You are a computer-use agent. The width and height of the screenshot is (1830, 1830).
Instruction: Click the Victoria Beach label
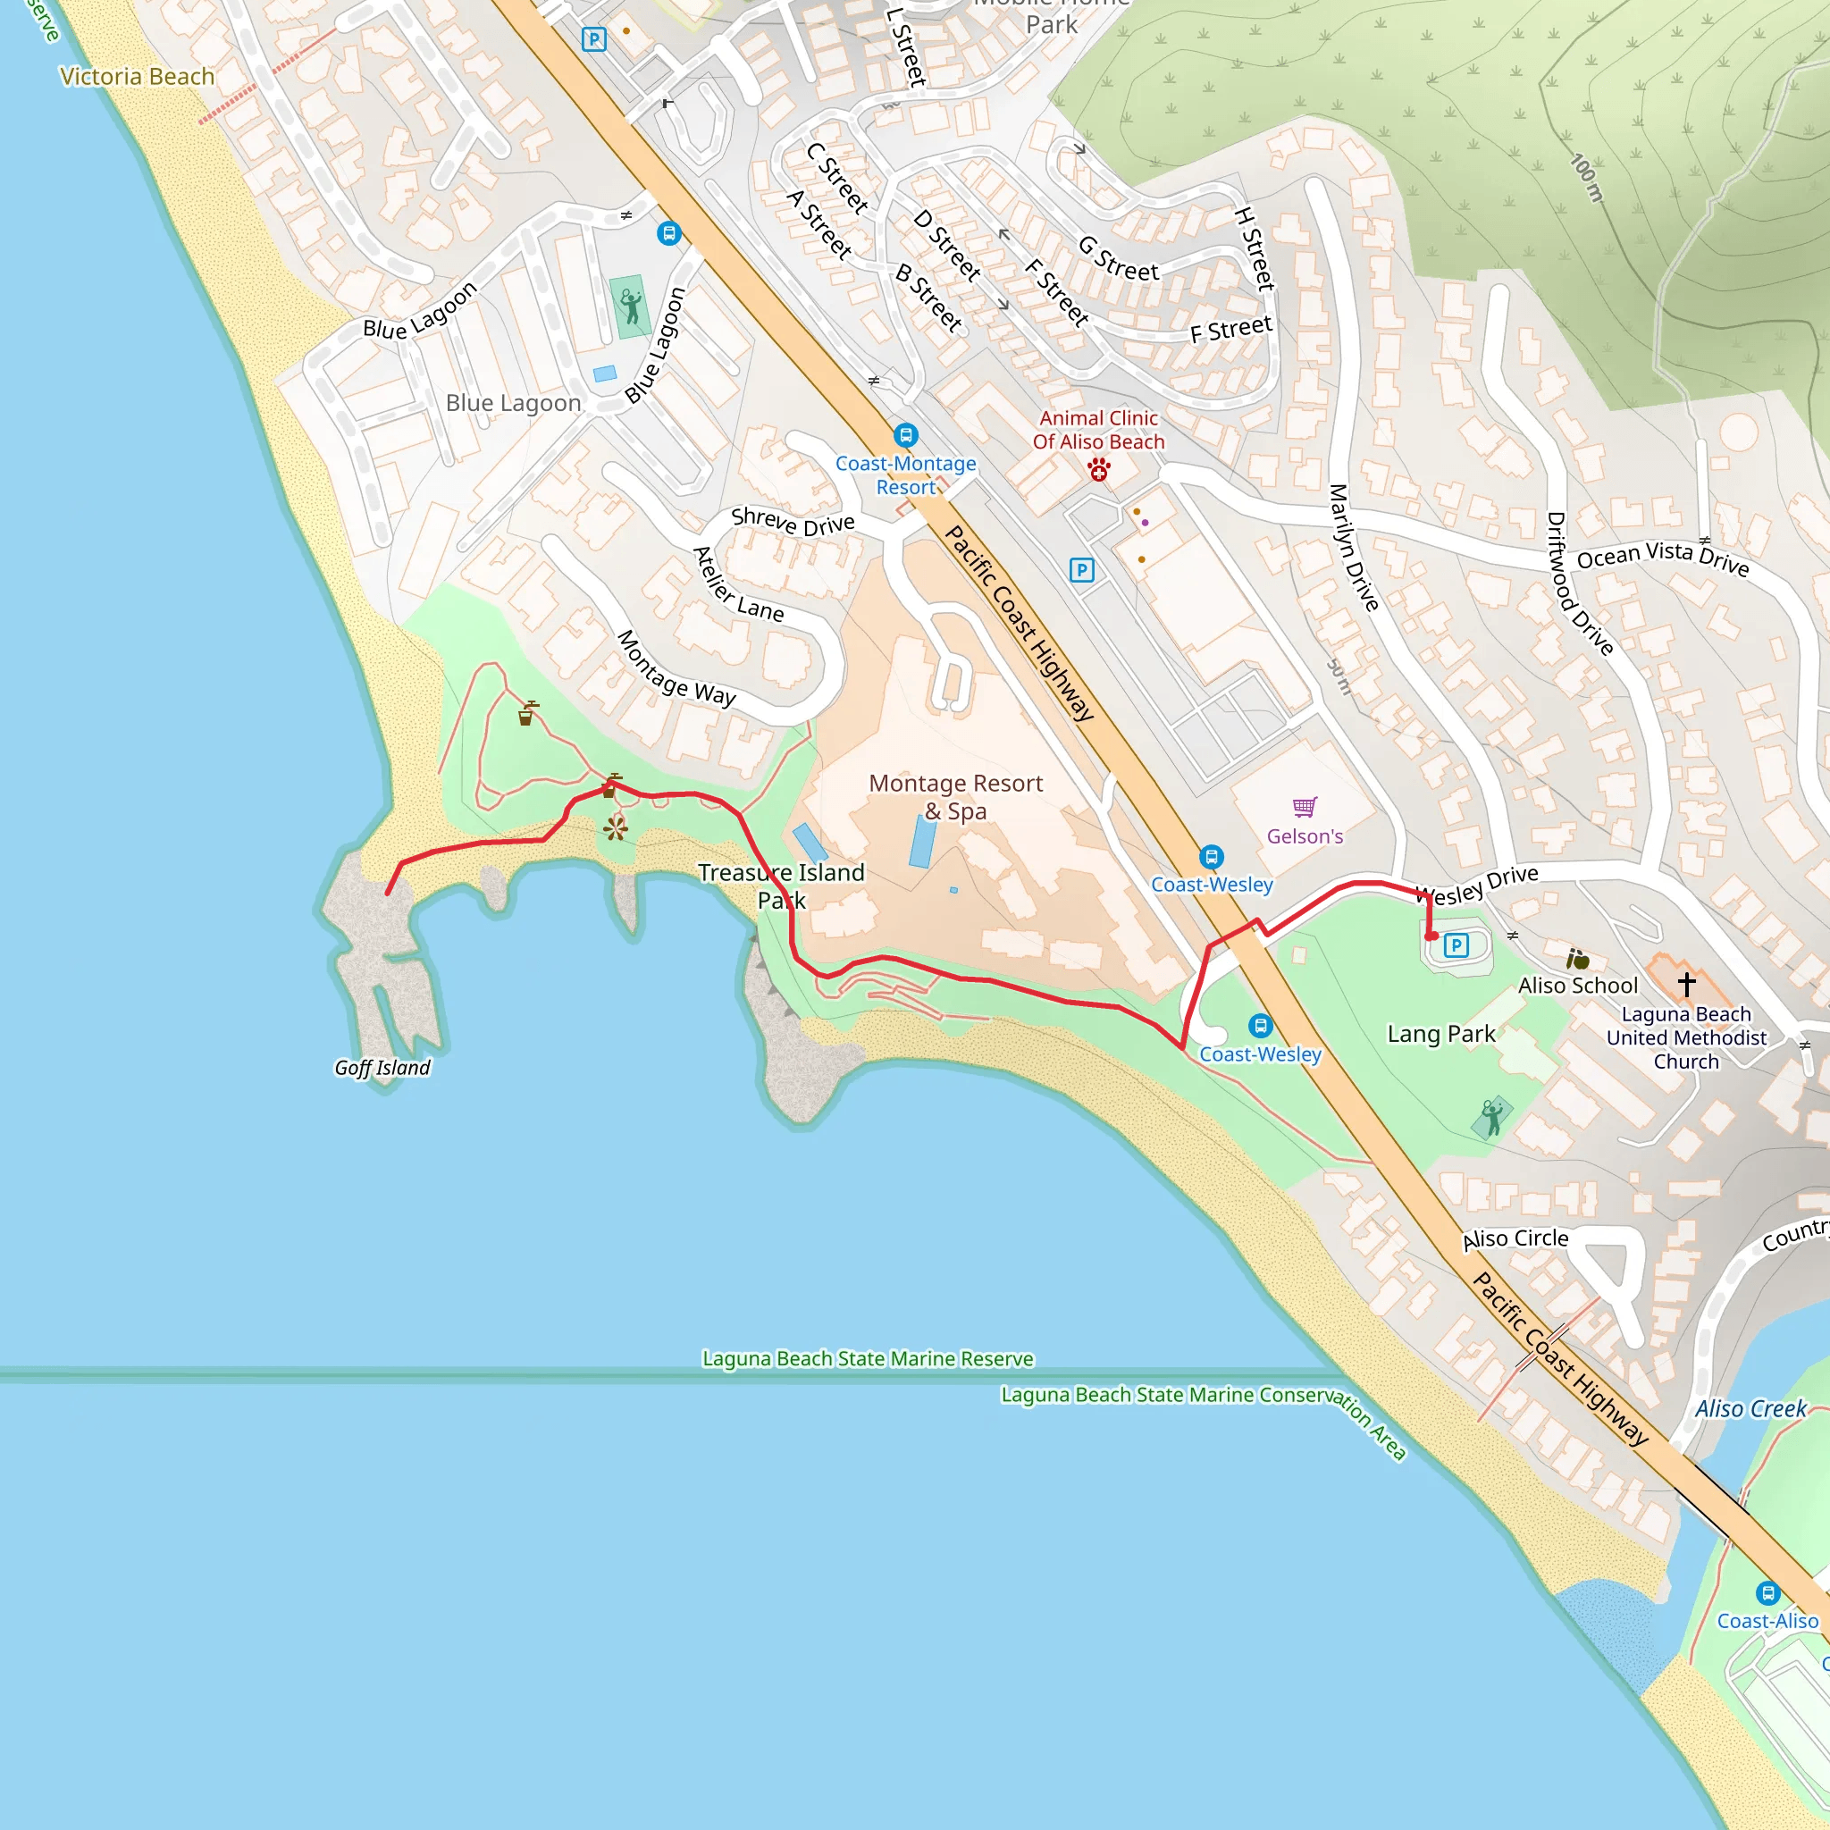pos(138,77)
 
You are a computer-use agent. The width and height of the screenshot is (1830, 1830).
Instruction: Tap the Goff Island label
pos(382,1068)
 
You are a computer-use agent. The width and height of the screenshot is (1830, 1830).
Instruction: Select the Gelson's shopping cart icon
pos(1305,807)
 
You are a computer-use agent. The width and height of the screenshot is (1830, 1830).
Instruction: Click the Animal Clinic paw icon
pos(1099,469)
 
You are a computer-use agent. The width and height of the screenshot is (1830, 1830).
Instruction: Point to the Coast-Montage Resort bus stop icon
pos(905,436)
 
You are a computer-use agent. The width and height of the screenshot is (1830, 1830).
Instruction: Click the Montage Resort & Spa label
pos(955,796)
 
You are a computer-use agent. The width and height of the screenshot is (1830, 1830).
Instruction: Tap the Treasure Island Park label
pos(782,886)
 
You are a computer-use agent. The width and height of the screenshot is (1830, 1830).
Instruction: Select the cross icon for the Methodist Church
pos(1686,984)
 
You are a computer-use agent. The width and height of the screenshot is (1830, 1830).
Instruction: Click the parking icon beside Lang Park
pos(1456,944)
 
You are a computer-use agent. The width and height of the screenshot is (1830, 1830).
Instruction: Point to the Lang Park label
pos(1440,1034)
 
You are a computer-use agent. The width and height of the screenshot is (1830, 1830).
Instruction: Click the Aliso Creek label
pos(1750,1408)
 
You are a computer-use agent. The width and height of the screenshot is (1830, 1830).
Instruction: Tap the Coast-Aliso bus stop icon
pos(1767,1592)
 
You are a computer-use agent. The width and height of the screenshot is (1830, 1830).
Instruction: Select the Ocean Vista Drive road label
pos(1662,557)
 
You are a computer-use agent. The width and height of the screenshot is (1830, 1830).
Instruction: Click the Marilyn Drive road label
pos(1353,548)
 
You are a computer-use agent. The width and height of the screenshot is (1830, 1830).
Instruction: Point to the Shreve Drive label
pos(793,521)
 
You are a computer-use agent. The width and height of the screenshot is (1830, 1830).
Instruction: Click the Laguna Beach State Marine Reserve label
pos(868,1358)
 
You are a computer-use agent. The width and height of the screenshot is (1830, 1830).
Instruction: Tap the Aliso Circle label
pos(1515,1239)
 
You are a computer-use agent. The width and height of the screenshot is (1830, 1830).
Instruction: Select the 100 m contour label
pos(1588,178)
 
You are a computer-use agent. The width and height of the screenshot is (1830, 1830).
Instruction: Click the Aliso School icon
pos(1577,960)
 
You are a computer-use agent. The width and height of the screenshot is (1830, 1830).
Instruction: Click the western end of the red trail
pos(388,894)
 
